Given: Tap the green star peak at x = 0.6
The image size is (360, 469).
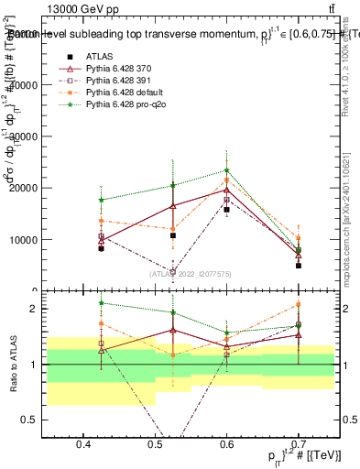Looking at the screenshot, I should point(227,170).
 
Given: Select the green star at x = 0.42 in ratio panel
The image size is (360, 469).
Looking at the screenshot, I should point(102,303).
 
